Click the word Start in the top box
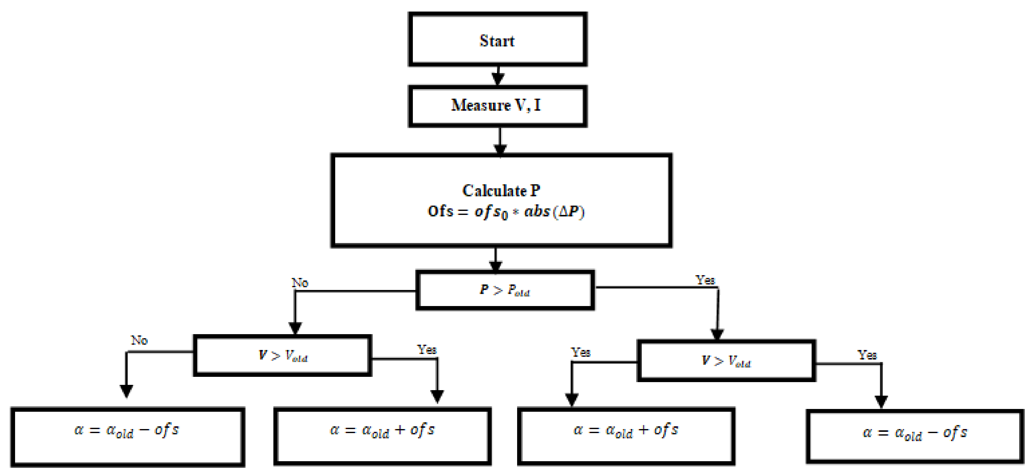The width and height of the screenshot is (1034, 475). (497, 40)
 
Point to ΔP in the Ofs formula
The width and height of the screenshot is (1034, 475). (569, 211)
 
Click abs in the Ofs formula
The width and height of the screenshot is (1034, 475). (537, 211)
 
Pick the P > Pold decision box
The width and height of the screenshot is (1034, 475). (505, 290)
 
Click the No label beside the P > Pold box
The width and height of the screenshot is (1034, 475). (300, 283)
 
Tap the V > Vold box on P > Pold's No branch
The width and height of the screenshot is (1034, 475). (283, 355)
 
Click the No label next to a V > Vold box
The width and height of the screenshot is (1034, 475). (139, 340)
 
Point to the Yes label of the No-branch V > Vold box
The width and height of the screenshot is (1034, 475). (427, 349)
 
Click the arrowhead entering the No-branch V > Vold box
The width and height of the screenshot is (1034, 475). (295, 328)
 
